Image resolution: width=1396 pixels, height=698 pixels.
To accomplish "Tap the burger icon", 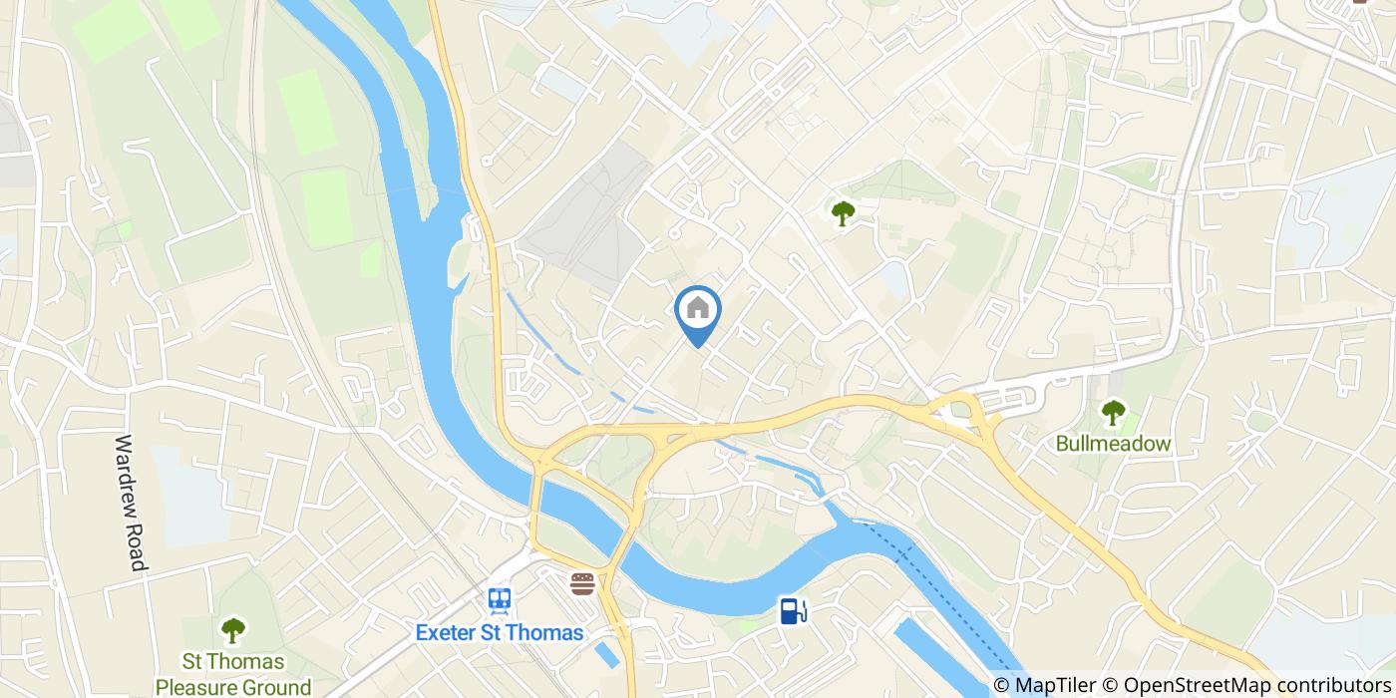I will tap(582, 583).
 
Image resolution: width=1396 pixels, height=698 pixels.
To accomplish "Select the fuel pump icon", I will tap(793, 609).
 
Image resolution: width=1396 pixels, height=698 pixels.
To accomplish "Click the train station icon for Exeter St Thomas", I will tap(500, 599).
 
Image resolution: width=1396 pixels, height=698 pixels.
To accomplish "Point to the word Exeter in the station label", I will tap(447, 633).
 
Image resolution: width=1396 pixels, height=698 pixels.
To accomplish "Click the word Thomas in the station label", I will tap(545, 633).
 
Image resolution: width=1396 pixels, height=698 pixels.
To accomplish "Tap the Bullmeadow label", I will tap(1113, 444).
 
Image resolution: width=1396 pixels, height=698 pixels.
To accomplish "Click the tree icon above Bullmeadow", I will tap(1113, 410).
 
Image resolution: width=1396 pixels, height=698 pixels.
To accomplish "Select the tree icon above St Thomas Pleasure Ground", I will tap(232, 629).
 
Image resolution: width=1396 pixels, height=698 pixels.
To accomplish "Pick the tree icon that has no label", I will tap(844, 211).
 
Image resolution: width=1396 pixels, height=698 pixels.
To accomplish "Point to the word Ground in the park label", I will tap(276, 687).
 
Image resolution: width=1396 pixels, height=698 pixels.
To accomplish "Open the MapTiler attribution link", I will tap(1053, 685).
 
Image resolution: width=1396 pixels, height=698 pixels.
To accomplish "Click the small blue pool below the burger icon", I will tap(604, 654).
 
